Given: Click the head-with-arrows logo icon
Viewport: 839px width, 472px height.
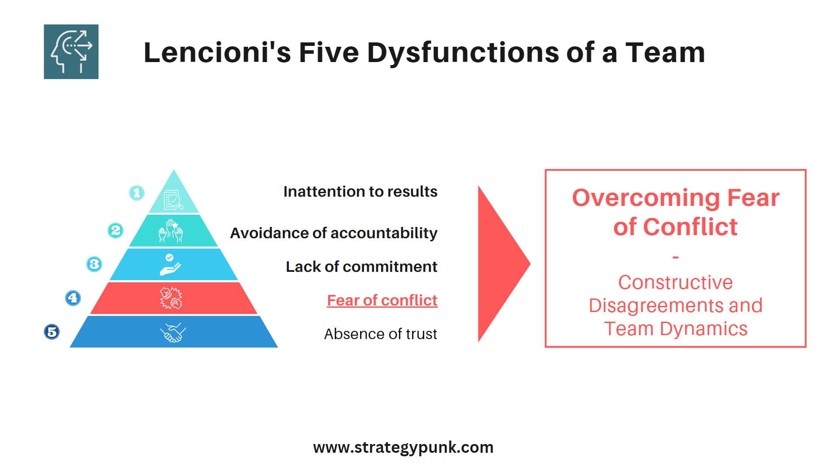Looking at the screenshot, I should click(71, 52).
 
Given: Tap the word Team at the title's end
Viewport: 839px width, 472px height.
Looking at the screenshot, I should click(665, 52).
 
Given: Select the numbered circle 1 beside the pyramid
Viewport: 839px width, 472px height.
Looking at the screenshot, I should click(137, 193).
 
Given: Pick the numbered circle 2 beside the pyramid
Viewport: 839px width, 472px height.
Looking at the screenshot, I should click(116, 230).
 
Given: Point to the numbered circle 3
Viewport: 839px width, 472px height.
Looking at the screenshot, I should click(94, 264).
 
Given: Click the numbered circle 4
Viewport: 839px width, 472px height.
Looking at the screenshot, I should click(73, 298).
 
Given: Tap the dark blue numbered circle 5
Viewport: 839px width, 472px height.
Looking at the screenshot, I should click(52, 332).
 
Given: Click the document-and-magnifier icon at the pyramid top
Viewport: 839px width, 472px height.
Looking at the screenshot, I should click(173, 200).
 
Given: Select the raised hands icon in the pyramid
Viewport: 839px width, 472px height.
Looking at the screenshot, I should click(170, 231).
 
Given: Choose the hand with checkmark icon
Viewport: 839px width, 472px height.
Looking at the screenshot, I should click(170, 264).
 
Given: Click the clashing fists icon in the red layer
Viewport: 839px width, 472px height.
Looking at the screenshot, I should click(171, 298).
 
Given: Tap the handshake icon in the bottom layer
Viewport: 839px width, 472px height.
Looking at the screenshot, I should click(173, 333).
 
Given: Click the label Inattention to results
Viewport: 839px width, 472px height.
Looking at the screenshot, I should click(360, 191).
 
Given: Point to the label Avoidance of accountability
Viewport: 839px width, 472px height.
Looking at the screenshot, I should click(333, 233).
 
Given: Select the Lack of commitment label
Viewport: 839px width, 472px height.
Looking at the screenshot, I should click(361, 267).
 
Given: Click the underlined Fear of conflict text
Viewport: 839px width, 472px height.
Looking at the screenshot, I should click(382, 300).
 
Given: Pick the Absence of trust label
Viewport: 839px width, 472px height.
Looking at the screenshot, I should click(380, 334).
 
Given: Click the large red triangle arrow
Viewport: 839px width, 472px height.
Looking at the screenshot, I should click(498, 264).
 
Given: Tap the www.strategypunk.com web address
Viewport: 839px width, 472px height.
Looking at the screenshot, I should click(403, 448).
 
